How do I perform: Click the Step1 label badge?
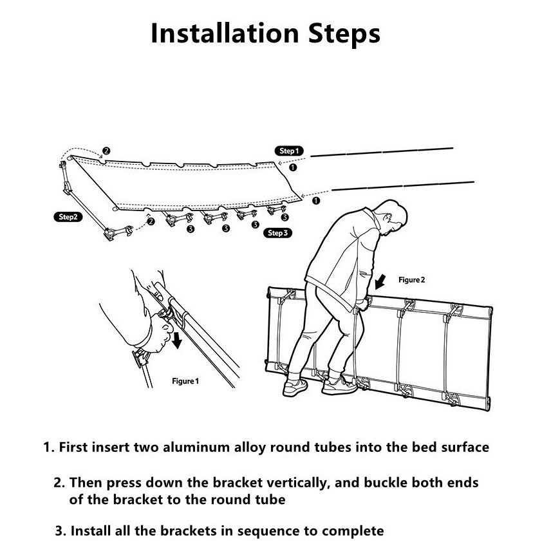289,151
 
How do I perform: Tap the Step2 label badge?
68,217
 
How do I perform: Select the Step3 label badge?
277,233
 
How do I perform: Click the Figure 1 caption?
185,381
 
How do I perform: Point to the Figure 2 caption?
411,280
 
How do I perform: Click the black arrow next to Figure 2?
380,282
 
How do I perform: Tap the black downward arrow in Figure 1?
177,340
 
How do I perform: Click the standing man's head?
393,216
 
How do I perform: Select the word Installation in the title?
225,33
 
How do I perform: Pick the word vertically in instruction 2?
297,483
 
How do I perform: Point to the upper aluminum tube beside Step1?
382,152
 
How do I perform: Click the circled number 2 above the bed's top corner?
106,151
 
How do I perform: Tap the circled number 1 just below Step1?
292,167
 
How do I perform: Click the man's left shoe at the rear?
295,387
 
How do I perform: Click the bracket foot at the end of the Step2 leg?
118,232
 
